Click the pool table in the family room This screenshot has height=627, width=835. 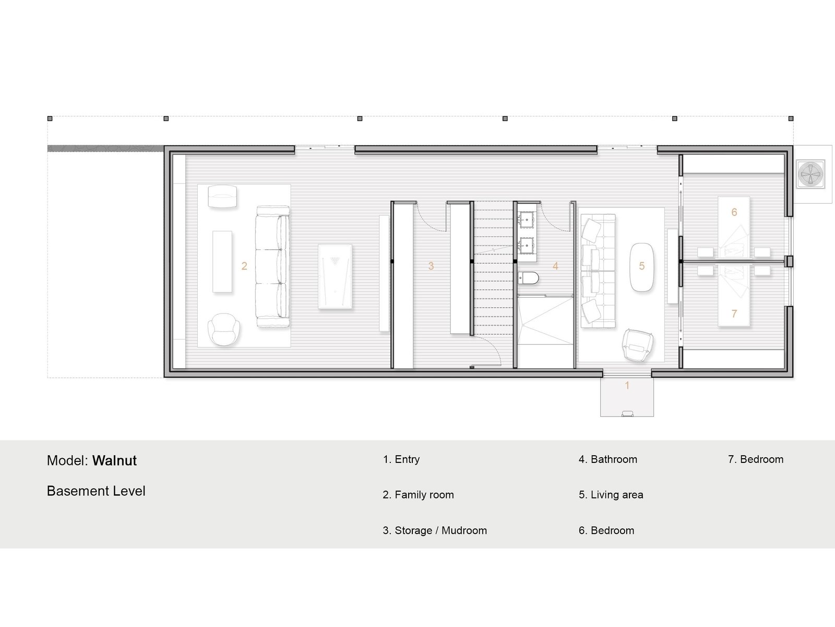[335, 276]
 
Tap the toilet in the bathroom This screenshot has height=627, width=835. [528, 278]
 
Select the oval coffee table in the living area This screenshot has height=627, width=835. [642, 267]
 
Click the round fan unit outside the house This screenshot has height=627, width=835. [810, 174]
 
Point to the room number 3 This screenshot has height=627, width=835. [431, 266]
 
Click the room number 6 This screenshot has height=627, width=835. [734, 212]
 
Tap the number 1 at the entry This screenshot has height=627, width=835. [627, 385]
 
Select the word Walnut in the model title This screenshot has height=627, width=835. [114, 461]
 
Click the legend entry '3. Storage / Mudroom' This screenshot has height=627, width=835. [435, 530]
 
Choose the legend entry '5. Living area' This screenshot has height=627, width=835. [611, 495]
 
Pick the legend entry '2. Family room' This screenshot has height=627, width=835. [418, 495]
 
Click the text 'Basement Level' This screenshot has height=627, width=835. [96, 491]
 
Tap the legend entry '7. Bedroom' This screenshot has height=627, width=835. [756, 459]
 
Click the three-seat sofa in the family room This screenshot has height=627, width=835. [272, 266]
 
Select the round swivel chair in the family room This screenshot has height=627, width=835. [224, 330]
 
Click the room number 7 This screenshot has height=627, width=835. [734, 313]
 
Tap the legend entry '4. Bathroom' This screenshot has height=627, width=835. [608, 459]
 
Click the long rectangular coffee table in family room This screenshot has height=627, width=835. [222, 262]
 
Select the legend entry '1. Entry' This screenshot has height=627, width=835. [401, 459]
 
